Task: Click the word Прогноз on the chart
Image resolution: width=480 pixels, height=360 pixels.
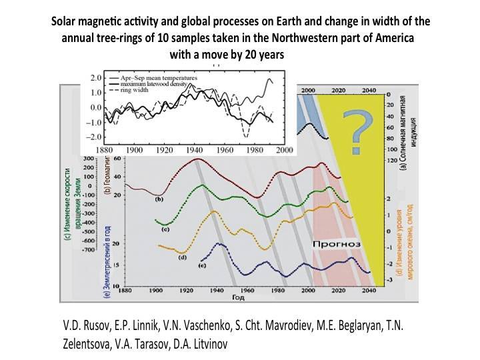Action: coord(337,245)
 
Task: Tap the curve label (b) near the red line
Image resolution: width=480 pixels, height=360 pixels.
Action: coord(159,199)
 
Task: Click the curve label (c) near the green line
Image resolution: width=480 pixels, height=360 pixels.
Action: coord(165,229)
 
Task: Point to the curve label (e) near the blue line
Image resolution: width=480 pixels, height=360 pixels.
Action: coord(201,266)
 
